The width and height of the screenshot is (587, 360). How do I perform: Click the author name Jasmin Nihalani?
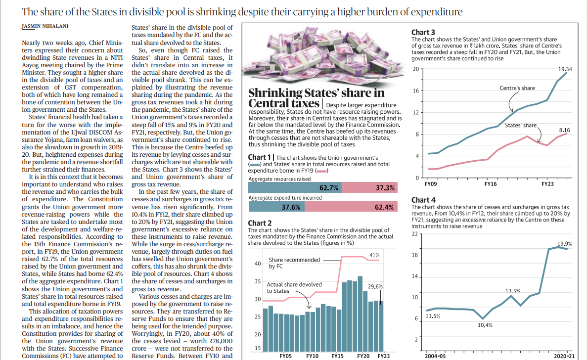point(45,26)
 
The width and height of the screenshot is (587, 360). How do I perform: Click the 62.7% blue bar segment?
point(295,187)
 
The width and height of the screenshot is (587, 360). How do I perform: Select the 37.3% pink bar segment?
point(370,187)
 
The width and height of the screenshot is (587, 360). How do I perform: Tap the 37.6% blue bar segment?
point(276,207)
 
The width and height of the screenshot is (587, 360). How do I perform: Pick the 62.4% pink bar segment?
point(351,207)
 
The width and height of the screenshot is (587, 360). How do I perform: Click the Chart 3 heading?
point(423,33)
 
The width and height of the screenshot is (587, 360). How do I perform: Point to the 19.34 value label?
point(565,69)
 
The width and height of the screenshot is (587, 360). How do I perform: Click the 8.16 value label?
point(564,130)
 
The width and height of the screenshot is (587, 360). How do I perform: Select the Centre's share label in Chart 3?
point(517,88)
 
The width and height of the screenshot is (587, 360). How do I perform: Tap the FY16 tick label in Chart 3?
point(491,184)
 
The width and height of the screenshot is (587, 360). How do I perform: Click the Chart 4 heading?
point(423,200)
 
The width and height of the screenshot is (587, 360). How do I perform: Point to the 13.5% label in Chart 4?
point(512,291)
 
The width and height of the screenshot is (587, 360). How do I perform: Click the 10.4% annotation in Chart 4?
point(485,325)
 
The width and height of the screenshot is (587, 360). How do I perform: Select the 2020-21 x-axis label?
point(564,356)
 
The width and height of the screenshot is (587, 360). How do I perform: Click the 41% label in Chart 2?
point(374,255)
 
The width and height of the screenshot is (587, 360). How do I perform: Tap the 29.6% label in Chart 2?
point(375,286)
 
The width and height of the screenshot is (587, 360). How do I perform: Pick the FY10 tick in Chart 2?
point(312,356)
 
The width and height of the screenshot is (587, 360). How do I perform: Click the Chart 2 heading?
point(260,223)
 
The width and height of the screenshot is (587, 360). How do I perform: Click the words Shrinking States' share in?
point(316,93)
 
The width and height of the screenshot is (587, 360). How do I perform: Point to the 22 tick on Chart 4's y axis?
point(414,234)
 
